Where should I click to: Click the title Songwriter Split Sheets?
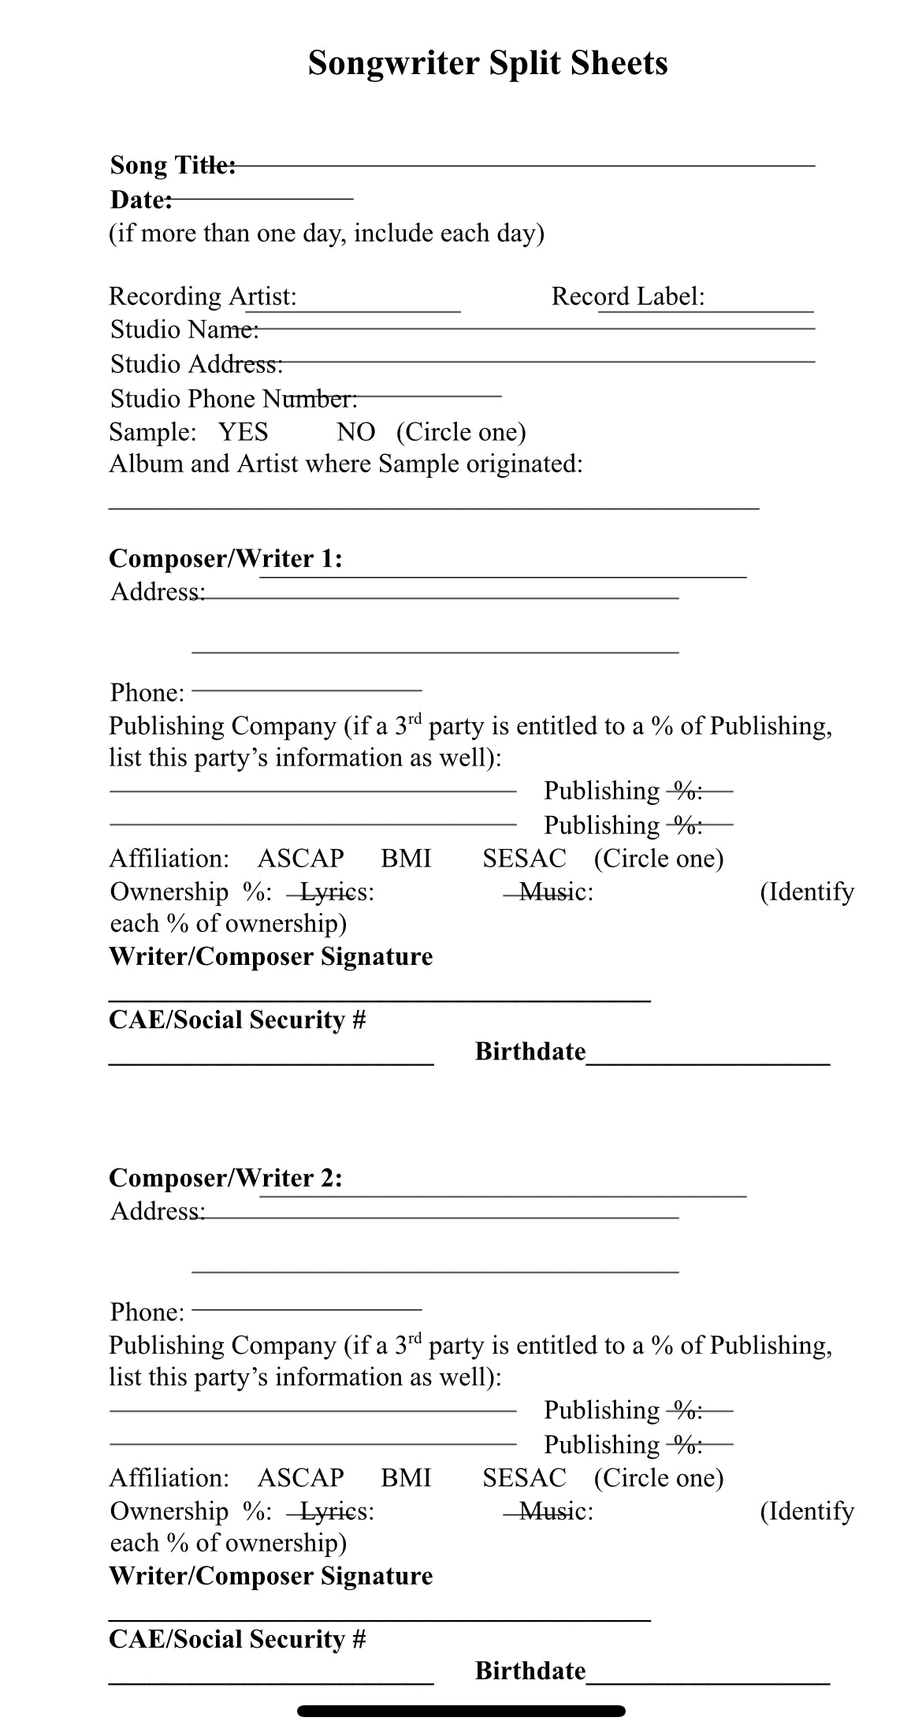tap(487, 63)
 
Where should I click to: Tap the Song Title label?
tap(173, 166)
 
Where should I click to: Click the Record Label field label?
tap(627, 296)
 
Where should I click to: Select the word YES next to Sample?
tap(243, 432)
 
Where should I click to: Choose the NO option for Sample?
tap(355, 432)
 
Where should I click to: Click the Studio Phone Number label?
tap(233, 399)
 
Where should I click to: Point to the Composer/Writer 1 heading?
tap(225, 559)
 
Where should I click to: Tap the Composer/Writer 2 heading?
tap(225, 1178)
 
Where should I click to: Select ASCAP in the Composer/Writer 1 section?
tap(300, 859)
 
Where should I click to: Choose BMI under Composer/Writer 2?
tap(406, 1477)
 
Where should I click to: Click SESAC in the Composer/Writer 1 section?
tap(524, 859)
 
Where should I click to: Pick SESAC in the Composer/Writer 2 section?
tap(524, 1477)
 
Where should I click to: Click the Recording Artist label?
tap(203, 296)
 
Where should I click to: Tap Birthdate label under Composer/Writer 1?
tap(530, 1052)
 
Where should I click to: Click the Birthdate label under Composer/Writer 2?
tap(530, 1671)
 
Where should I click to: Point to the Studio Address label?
tap(196, 364)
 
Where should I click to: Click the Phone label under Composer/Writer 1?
tap(147, 693)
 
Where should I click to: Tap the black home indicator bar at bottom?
tap(461, 1711)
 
